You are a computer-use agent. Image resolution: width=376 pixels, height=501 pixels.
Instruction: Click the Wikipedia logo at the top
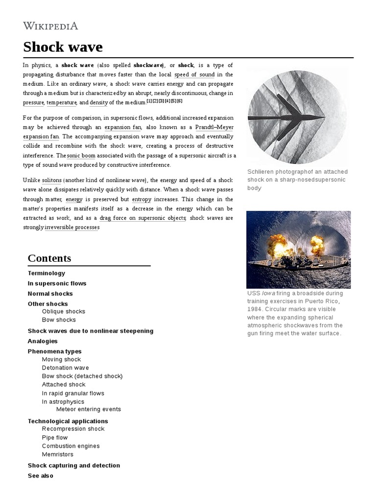[50, 26]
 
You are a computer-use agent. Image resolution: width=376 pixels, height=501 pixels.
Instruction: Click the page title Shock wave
[63, 47]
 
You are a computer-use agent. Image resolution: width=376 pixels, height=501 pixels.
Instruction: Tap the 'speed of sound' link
[194, 74]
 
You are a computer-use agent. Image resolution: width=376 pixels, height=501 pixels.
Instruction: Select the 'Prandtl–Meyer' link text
[214, 127]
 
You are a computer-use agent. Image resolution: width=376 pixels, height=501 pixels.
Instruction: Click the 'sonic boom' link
[81, 156]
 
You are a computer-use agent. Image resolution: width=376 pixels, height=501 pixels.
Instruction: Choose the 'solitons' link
[52, 181]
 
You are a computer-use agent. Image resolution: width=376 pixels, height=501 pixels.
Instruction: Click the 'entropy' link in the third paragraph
[141, 199]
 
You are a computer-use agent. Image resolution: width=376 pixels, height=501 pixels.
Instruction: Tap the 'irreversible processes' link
[72, 228]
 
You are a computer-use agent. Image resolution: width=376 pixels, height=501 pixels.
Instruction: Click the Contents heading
[49, 258]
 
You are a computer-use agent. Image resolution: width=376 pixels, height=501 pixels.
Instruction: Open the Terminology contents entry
[47, 273]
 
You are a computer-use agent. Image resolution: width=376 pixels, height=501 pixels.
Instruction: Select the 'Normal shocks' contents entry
[50, 294]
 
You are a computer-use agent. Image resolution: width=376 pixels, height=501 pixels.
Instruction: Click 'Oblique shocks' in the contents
[64, 311]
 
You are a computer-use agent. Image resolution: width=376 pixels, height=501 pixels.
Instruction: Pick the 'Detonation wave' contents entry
[66, 367]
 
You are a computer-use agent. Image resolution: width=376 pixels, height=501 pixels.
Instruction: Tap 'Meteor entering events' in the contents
[89, 409]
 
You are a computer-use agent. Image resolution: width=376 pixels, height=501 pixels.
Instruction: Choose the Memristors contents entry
[58, 455]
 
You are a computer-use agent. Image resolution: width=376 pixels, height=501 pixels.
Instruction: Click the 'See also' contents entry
[41, 476]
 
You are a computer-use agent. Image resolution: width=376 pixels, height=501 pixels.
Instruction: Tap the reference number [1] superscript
[149, 101]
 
